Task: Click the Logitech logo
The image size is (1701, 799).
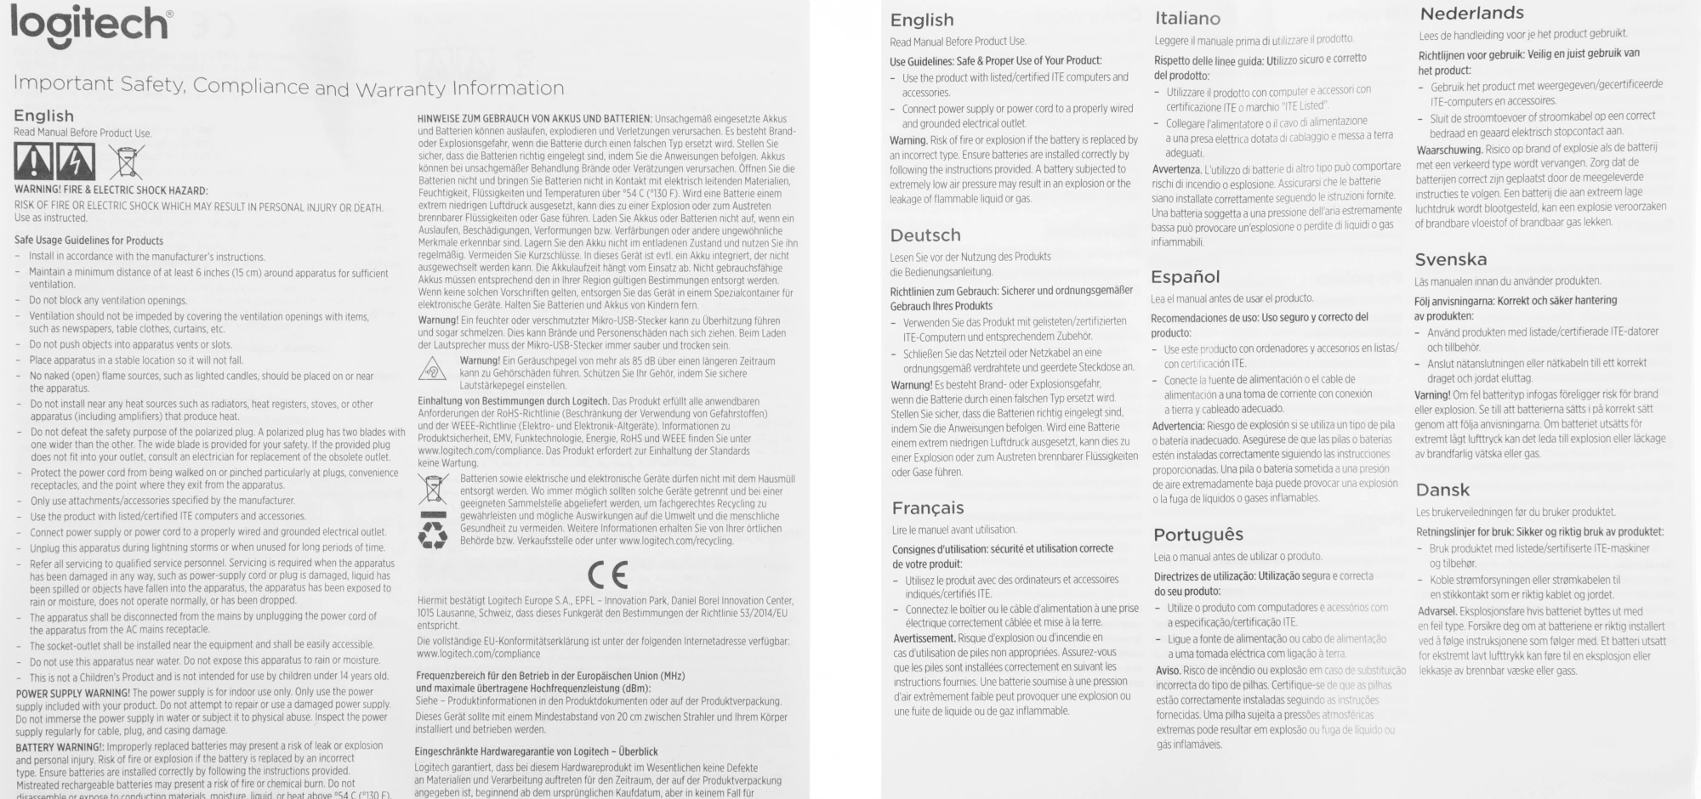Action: pyautogui.click(x=90, y=25)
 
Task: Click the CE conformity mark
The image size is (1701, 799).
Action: pyautogui.click(x=607, y=575)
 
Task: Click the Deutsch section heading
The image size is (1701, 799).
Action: pyautogui.click(x=925, y=235)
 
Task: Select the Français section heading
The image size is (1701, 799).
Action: pyautogui.click(x=928, y=508)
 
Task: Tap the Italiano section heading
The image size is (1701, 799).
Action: pyautogui.click(x=1187, y=19)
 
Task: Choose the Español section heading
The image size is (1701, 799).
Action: pyautogui.click(x=1186, y=277)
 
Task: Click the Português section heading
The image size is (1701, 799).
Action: pyautogui.click(x=1198, y=535)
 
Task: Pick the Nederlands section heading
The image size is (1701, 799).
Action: pyautogui.click(x=1472, y=14)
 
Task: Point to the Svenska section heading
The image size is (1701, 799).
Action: pyautogui.click(x=1451, y=260)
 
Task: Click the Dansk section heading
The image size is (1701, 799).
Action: pyautogui.click(x=1442, y=490)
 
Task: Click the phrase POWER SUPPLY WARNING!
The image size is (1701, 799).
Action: pyautogui.click(x=73, y=693)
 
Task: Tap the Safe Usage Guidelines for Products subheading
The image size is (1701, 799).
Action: pyautogui.click(x=89, y=241)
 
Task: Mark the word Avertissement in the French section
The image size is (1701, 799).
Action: pyautogui.click(x=924, y=638)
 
